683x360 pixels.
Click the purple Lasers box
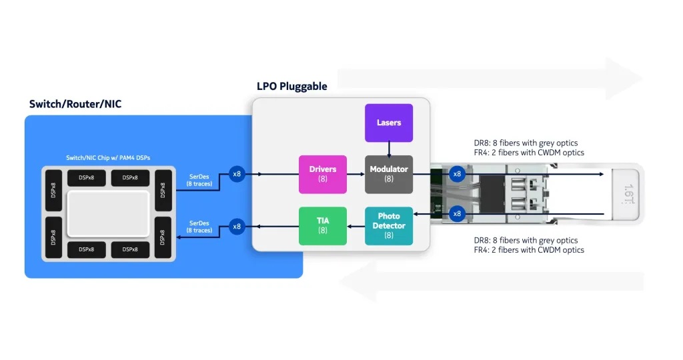point(389,123)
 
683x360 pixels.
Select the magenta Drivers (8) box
point(323,174)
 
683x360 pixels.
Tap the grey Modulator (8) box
point(389,174)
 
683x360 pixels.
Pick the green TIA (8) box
point(323,225)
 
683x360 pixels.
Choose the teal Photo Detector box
point(389,225)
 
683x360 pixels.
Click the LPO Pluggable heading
point(292,87)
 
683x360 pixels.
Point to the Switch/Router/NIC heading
point(75,104)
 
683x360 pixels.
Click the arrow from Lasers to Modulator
point(389,149)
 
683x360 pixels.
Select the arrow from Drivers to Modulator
point(356,175)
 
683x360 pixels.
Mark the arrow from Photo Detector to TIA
point(356,226)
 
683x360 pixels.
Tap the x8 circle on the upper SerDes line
point(237,174)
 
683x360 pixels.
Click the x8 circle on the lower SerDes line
point(237,227)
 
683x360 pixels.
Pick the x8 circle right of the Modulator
point(457,174)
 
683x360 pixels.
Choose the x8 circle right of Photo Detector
point(457,214)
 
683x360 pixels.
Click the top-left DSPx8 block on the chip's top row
point(85,179)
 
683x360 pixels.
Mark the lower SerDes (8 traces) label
point(200,227)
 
